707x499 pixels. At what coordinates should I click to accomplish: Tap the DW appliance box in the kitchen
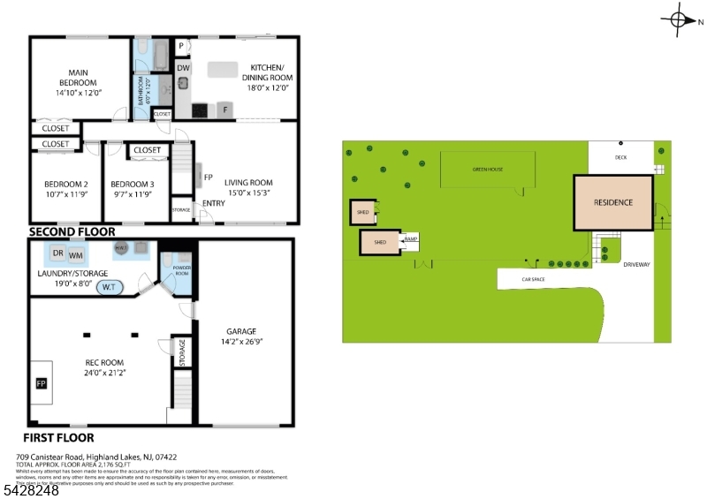[183, 67]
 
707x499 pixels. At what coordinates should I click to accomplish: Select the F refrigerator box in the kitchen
[225, 110]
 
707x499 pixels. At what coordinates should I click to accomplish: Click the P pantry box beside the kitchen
[181, 46]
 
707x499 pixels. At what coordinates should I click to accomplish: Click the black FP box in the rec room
[41, 383]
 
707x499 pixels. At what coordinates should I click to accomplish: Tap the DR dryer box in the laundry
[57, 253]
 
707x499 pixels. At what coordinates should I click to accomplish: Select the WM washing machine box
[75, 255]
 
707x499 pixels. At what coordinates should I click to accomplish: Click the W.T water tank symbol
[110, 287]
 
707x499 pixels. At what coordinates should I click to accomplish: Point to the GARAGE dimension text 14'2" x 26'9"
[242, 341]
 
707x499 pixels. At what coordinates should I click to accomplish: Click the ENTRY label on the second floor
[213, 203]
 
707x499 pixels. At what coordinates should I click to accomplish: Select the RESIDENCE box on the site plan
[613, 203]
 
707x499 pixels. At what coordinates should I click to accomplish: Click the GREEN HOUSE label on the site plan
[487, 169]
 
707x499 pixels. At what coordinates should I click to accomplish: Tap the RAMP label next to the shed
[410, 238]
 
